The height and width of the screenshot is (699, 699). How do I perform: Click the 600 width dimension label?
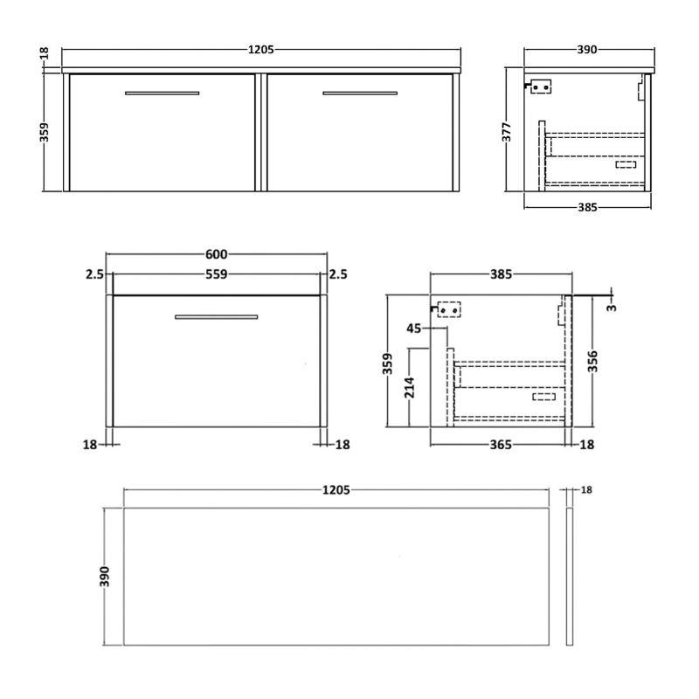(x=216, y=254)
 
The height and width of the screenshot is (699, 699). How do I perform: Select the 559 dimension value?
(x=216, y=275)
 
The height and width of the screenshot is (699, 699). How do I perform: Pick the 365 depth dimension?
(x=500, y=445)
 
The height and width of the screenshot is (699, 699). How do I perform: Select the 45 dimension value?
(x=414, y=329)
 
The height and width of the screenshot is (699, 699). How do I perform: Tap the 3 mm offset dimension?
(x=612, y=306)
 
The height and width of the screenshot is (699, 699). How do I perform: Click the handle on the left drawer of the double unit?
(x=162, y=93)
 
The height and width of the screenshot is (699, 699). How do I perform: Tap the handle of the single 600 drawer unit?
(x=216, y=316)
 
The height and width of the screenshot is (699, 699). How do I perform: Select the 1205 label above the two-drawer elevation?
(x=260, y=50)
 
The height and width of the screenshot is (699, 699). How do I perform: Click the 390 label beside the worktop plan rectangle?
(x=107, y=577)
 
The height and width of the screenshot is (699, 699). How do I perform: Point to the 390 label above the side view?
(x=587, y=50)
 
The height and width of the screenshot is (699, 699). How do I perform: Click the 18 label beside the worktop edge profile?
(x=587, y=490)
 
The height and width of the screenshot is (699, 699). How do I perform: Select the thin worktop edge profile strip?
(x=569, y=578)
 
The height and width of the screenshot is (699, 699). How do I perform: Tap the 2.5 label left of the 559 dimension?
(x=95, y=275)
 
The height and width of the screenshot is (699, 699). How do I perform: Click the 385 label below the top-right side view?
(x=587, y=208)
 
